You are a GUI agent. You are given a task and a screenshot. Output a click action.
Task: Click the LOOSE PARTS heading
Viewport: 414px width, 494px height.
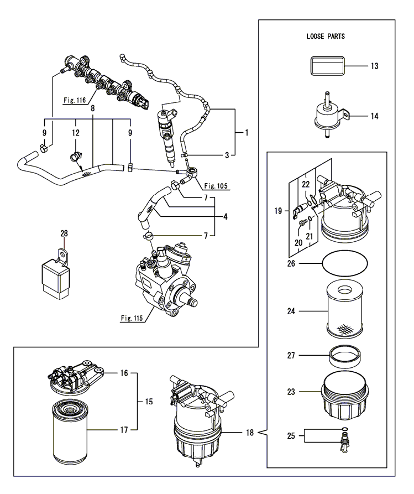tap(326, 37)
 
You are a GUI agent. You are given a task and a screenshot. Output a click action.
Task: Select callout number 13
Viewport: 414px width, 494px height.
tap(374, 66)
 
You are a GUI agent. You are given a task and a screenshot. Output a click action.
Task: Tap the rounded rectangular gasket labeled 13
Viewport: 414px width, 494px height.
tap(326, 66)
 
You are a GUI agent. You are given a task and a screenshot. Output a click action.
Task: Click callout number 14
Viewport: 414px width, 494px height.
tap(374, 117)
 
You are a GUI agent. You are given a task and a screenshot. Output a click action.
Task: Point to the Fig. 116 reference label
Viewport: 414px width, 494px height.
tap(75, 100)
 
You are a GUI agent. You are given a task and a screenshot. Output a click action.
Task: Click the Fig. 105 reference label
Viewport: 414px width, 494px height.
tap(216, 185)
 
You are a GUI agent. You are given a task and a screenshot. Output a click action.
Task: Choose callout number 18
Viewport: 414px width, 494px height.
tap(250, 433)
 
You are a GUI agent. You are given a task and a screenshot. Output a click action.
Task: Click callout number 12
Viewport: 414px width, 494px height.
tap(76, 133)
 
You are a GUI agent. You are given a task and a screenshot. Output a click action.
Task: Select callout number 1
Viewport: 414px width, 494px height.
tap(247, 133)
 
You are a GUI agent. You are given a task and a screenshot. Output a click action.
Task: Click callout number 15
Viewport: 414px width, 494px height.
tap(149, 401)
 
